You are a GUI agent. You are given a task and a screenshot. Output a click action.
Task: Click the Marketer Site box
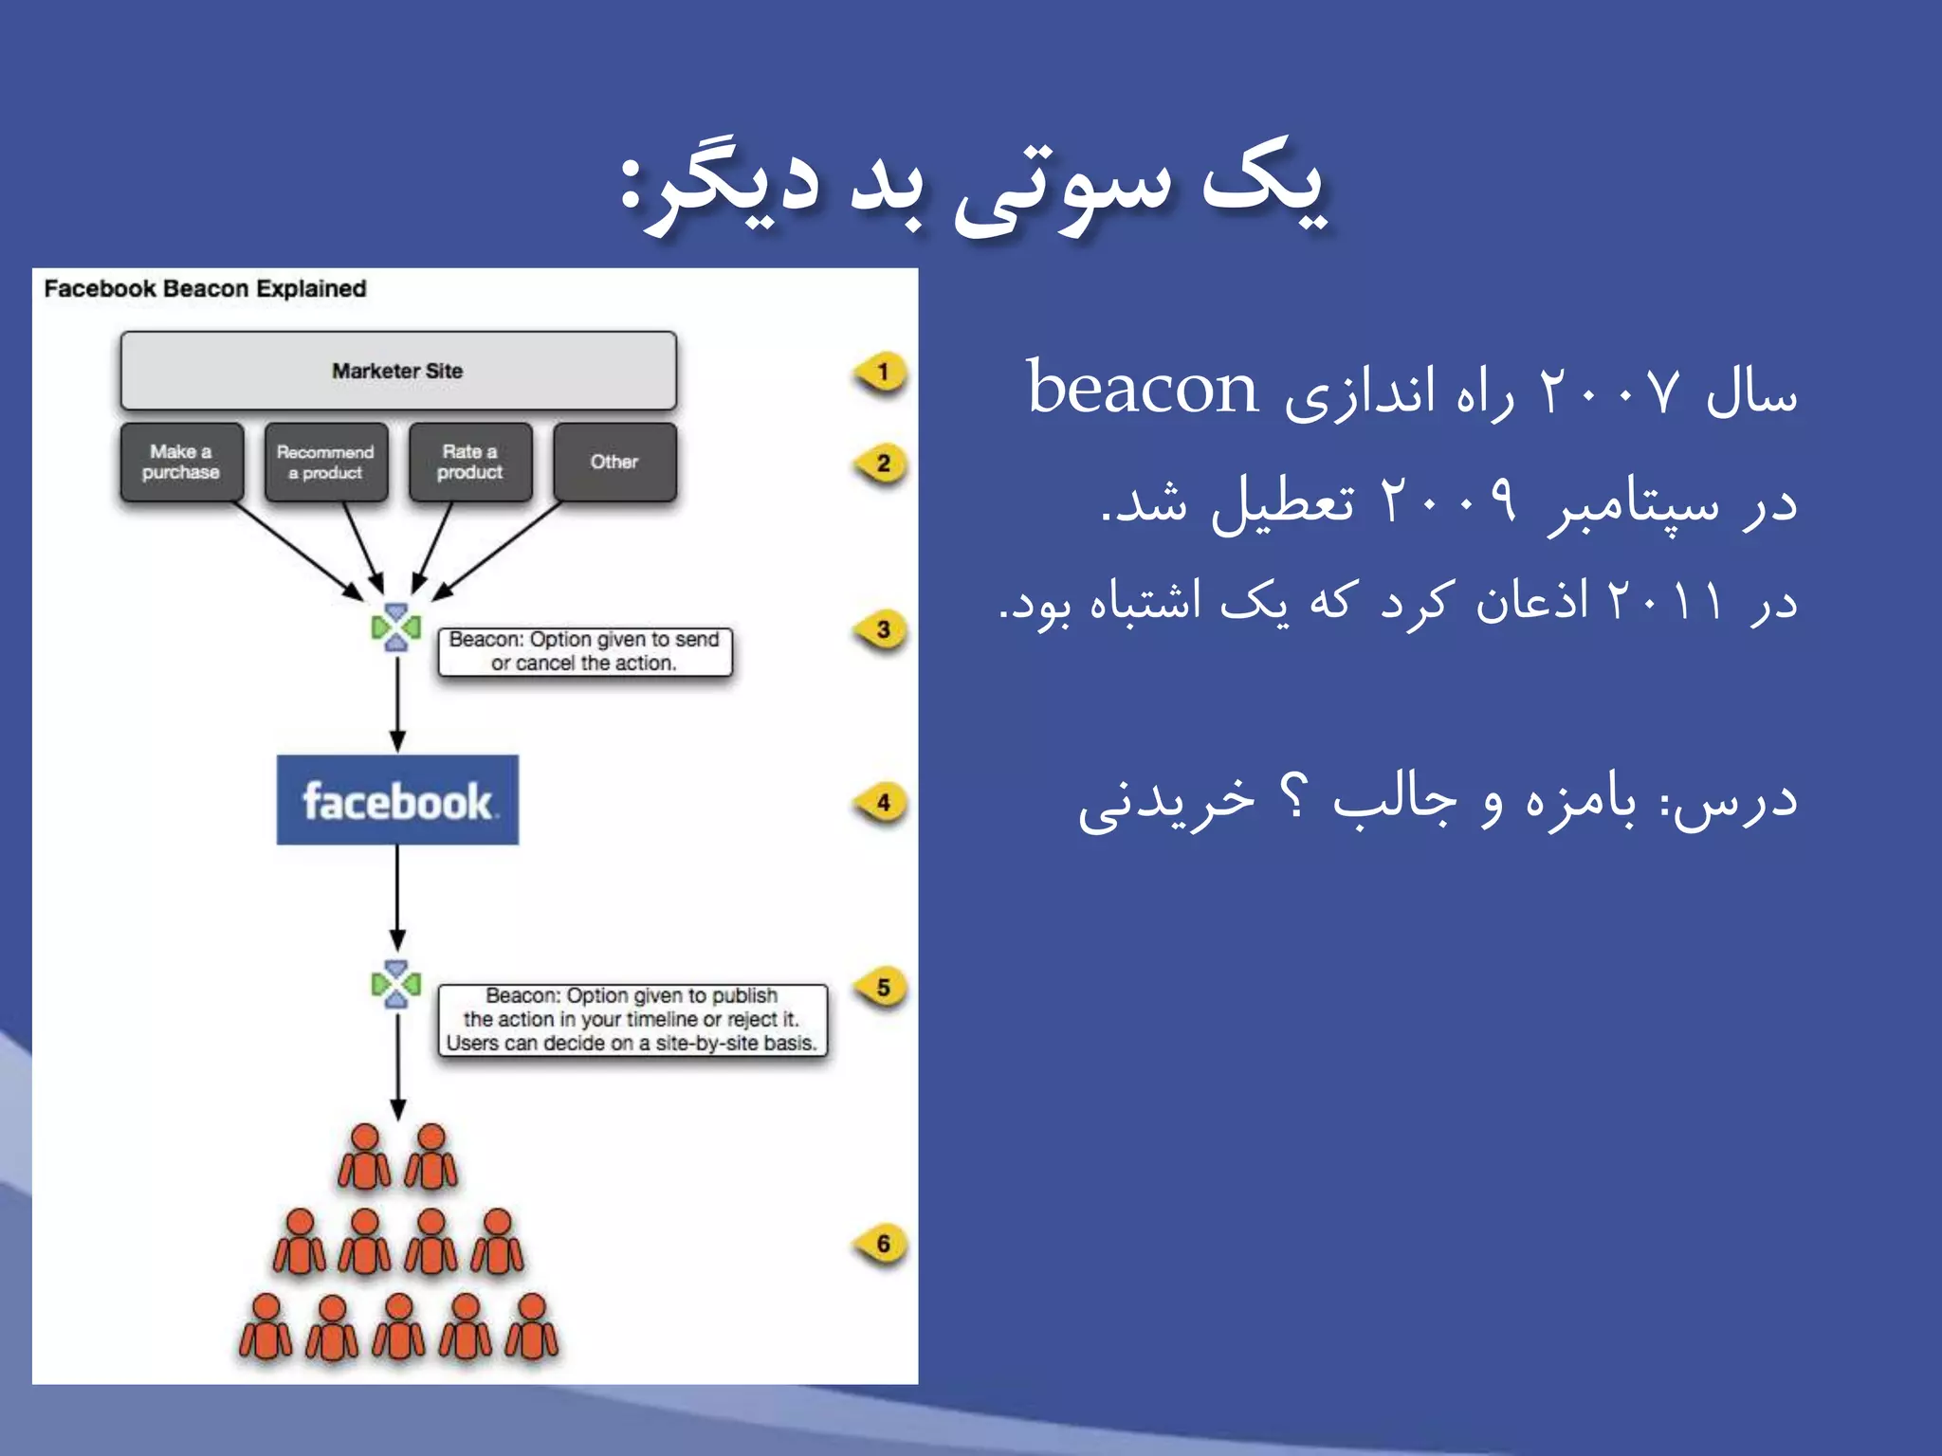(x=398, y=371)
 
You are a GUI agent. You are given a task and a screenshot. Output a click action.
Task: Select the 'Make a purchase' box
(x=181, y=462)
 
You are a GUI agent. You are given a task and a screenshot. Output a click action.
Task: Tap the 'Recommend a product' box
(x=326, y=462)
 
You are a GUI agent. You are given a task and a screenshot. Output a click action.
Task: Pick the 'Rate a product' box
(x=470, y=462)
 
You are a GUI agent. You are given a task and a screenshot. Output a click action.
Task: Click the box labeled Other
(x=614, y=462)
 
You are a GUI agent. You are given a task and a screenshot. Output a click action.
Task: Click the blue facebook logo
(x=397, y=800)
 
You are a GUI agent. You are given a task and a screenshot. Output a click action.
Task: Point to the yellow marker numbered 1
(x=882, y=373)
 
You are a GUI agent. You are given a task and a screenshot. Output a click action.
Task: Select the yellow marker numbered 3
(x=882, y=630)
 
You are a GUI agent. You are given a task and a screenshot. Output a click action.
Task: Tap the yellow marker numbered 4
(x=882, y=804)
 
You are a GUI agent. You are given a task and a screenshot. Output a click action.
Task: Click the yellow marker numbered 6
(x=882, y=1244)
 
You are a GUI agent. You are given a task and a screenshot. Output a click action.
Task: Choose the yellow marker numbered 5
(x=882, y=988)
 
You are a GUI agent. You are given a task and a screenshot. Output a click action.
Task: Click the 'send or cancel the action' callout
(x=584, y=652)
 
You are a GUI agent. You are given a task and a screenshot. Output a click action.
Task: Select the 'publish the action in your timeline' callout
(x=632, y=1020)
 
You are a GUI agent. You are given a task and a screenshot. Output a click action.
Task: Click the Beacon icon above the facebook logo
(x=396, y=628)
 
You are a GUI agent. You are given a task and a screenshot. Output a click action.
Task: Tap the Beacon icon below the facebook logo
(x=396, y=985)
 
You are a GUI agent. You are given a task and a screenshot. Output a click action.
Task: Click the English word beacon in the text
(x=1143, y=390)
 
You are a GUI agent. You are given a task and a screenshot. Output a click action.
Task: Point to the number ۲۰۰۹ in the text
(x=1447, y=500)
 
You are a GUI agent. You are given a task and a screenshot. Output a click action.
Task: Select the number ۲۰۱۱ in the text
(x=1665, y=601)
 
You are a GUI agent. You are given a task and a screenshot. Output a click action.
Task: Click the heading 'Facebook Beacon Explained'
(x=205, y=289)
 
